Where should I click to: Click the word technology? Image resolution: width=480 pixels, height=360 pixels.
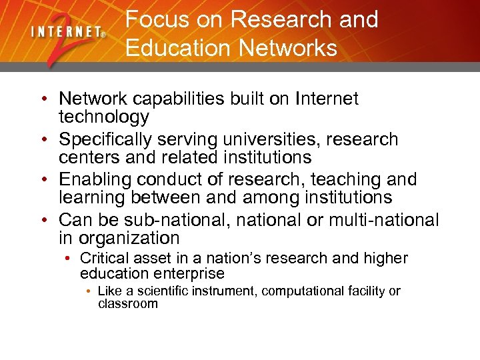(103, 117)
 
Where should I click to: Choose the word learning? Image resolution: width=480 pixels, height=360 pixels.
(91, 197)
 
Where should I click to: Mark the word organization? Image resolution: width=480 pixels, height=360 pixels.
(129, 238)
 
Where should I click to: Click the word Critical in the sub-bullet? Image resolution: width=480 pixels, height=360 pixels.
(101, 259)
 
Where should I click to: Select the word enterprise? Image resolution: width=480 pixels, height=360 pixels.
(189, 273)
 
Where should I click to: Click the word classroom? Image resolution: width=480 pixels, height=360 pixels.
(128, 304)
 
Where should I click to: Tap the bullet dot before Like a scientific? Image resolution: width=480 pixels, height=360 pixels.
(88, 291)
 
